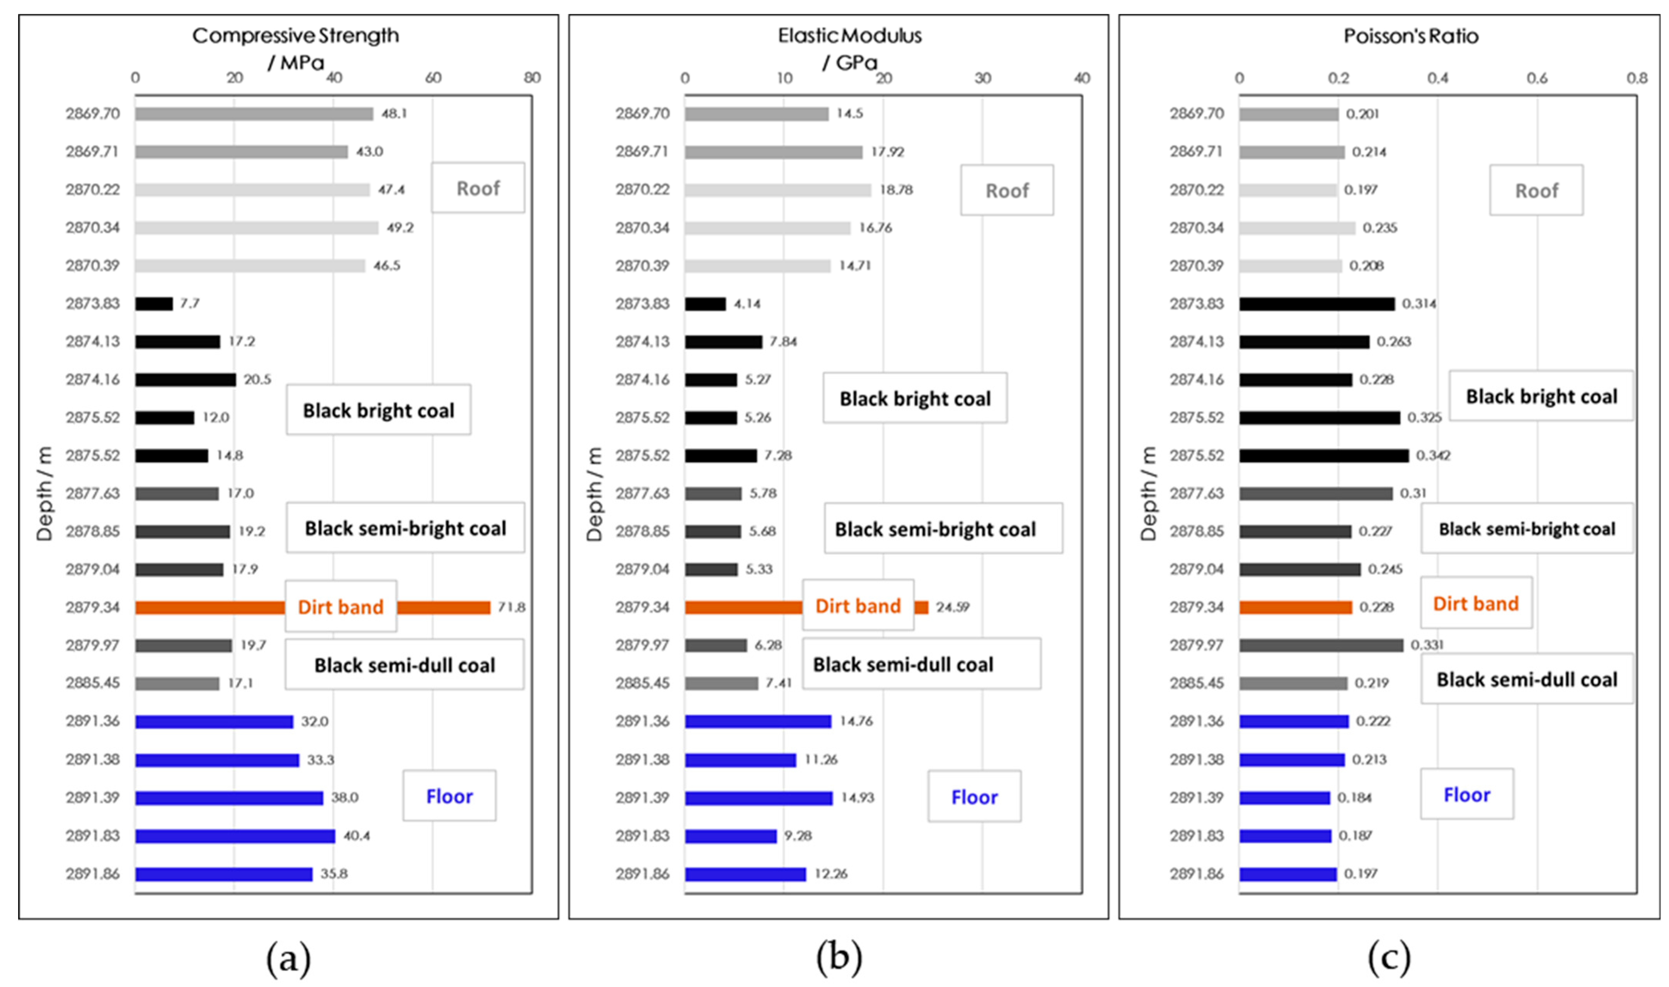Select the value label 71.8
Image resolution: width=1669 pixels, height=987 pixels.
(x=511, y=607)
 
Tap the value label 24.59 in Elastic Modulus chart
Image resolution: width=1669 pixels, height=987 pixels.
(x=953, y=607)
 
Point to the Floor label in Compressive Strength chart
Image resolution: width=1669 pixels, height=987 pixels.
(x=450, y=796)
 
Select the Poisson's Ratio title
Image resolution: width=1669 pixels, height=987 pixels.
(x=1411, y=36)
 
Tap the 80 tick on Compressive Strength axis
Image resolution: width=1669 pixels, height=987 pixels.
(x=532, y=78)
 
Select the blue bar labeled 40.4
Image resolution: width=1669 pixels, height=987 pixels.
(x=235, y=836)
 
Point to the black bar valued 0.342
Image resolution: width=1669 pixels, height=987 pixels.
(x=1324, y=455)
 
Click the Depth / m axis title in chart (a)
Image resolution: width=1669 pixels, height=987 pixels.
(x=44, y=493)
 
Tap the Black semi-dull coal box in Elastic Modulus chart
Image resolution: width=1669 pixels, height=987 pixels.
(x=922, y=664)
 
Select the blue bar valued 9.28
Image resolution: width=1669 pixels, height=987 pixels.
(x=731, y=836)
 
